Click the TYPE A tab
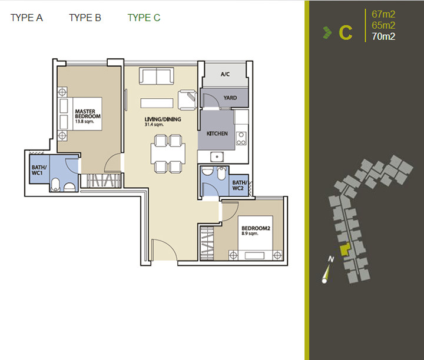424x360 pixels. (26, 18)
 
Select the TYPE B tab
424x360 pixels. (85, 18)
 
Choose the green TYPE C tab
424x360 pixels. (144, 18)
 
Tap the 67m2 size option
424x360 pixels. (383, 14)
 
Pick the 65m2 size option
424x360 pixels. (383, 25)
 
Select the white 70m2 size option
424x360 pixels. (383, 36)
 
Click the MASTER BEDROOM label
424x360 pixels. (88, 114)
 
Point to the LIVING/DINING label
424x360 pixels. (163, 119)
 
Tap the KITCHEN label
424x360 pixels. (217, 134)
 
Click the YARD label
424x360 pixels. (230, 98)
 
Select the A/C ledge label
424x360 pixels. (225, 74)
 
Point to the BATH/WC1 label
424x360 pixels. (39, 170)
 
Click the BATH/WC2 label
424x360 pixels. (240, 185)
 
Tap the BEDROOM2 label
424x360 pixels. (256, 228)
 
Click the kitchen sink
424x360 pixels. (217, 156)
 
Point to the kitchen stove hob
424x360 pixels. (241, 138)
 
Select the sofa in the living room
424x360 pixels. (156, 76)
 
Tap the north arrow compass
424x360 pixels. (327, 271)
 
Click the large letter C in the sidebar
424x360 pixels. (346, 33)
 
